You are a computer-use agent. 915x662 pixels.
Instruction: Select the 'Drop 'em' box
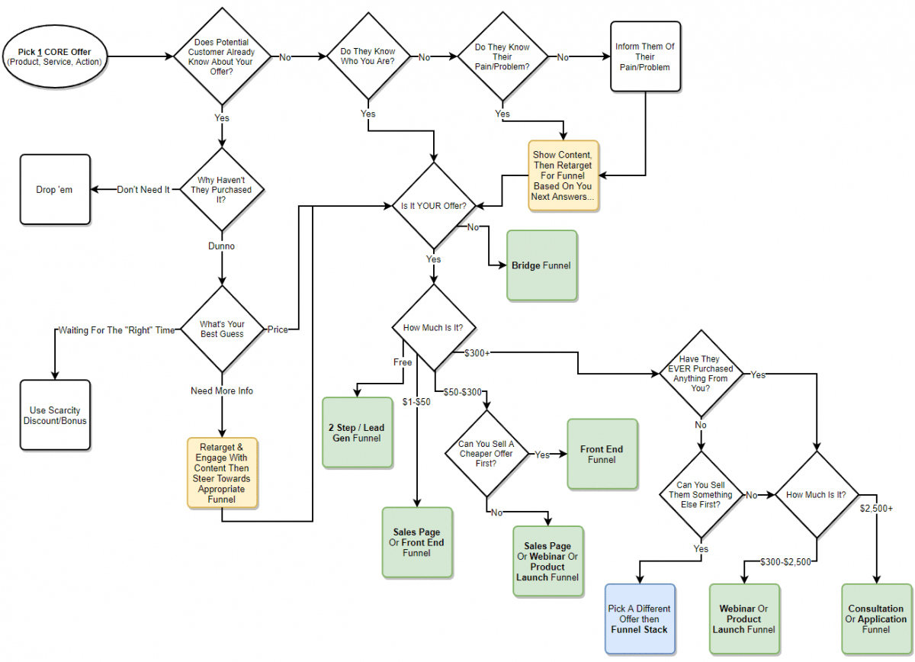[55, 190]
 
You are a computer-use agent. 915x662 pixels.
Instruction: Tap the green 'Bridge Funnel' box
[542, 265]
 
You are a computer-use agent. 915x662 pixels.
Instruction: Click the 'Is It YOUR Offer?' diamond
[433, 206]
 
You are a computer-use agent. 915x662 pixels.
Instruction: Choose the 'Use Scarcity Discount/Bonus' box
[55, 415]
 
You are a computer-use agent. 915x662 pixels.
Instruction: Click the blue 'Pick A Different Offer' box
[640, 619]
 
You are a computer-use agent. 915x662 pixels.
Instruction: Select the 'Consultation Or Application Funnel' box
[876, 619]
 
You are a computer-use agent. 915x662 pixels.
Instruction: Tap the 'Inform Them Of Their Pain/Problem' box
[645, 56]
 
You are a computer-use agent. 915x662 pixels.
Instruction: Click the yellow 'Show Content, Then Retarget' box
[564, 175]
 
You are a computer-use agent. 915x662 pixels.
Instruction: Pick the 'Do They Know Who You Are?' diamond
[368, 56]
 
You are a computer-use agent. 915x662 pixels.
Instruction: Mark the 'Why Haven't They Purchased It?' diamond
[221, 190]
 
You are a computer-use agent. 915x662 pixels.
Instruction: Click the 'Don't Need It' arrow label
[143, 190]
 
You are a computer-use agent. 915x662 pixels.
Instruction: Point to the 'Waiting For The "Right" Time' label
[117, 330]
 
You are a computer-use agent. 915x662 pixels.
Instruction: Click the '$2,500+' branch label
[876, 507]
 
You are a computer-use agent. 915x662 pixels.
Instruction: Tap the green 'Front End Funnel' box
[602, 455]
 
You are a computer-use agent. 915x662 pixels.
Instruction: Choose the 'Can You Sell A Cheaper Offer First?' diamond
[485, 454]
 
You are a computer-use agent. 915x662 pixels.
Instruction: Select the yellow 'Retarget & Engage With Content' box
[223, 474]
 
